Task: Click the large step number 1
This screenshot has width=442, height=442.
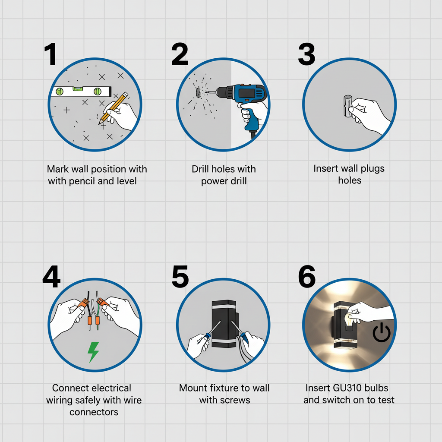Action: point(51,54)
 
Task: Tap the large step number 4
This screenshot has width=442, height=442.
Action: point(51,276)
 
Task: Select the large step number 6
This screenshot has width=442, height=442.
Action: point(307,276)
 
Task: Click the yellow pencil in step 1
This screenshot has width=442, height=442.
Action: point(114,108)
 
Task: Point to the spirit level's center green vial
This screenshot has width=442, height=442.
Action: point(78,89)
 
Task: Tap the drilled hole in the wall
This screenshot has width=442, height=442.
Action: point(198,92)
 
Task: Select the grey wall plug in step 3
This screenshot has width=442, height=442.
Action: point(347,106)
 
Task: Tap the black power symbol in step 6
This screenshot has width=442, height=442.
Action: point(382,333)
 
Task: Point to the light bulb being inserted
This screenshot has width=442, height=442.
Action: point(349,321)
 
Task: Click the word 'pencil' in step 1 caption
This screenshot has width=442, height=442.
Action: point(82,181)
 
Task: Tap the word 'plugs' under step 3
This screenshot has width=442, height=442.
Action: point(373,169)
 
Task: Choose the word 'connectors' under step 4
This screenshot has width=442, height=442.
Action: point(94,412)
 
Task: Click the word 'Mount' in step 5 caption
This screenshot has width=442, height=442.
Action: point(193,388)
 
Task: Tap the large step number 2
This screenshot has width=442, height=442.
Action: point(180,54)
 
